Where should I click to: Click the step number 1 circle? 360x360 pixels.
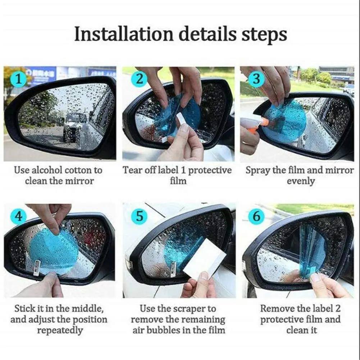(x=19, y=79)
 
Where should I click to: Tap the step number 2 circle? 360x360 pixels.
(x=139, y=79)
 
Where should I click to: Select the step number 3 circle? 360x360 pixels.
(x=256, y=79)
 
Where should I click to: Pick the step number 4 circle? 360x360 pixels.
(x=19, y=217)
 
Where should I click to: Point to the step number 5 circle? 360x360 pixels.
(x=139, y=217)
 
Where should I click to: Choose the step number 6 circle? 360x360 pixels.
(x=256, y=217)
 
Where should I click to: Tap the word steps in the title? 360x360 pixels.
(x=264, y=35)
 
